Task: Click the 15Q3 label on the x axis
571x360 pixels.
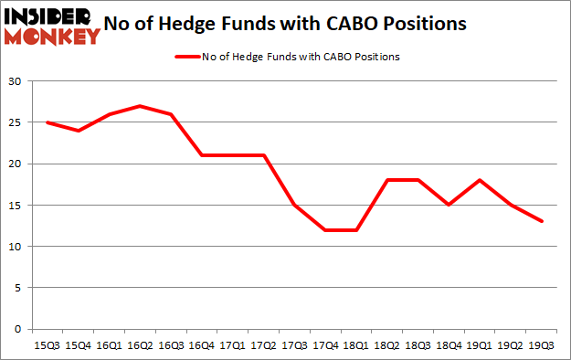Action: click(48, 344)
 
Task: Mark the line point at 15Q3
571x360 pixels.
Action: click(48, 122)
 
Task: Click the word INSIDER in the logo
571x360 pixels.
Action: click(49, 16)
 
